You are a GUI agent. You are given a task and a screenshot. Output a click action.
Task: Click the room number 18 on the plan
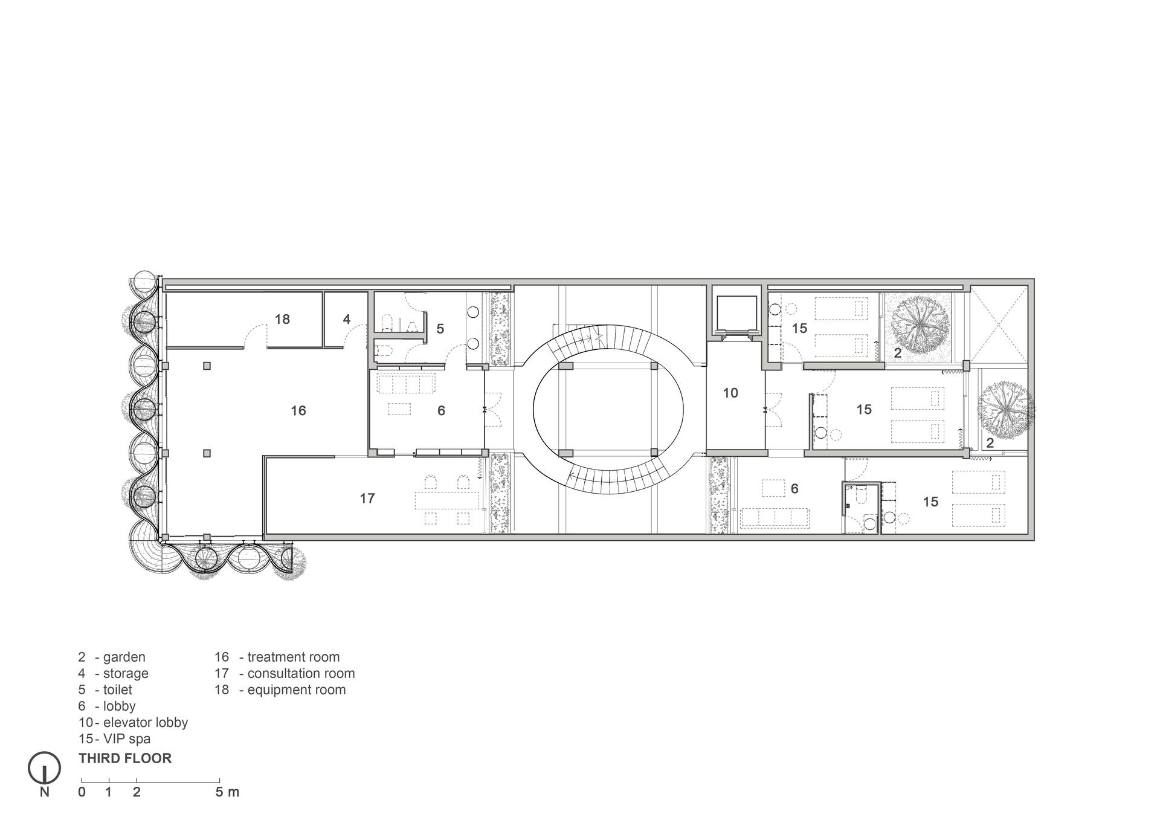(282, 319)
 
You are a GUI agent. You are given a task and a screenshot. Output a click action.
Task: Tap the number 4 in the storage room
(347, 319)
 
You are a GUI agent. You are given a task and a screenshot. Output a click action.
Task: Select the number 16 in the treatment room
(298, 411)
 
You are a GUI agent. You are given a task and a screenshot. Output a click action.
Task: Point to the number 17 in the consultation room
(367, 499)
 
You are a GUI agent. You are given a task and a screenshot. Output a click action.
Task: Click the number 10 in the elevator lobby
(730, 393)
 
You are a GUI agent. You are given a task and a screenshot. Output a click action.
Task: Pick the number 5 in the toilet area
(440, 329)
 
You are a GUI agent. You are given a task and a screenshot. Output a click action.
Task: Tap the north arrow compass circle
(45, 767)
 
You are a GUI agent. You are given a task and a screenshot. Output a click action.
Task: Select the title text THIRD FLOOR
(125, 758)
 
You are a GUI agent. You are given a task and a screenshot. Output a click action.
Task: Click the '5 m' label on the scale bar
(227, 792)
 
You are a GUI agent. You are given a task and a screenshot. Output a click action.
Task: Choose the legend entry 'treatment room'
(294, 657)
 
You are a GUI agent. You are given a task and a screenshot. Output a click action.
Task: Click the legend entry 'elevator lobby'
(146, 722)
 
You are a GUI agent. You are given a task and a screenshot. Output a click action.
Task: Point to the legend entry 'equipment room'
(297, 689)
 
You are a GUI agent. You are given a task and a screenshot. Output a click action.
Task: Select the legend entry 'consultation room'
(301, 673)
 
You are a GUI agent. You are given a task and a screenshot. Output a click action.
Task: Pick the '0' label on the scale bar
(82, 792)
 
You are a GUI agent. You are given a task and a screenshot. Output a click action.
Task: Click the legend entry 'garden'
(124, 657)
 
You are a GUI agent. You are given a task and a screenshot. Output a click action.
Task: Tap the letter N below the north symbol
(45, 792)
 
